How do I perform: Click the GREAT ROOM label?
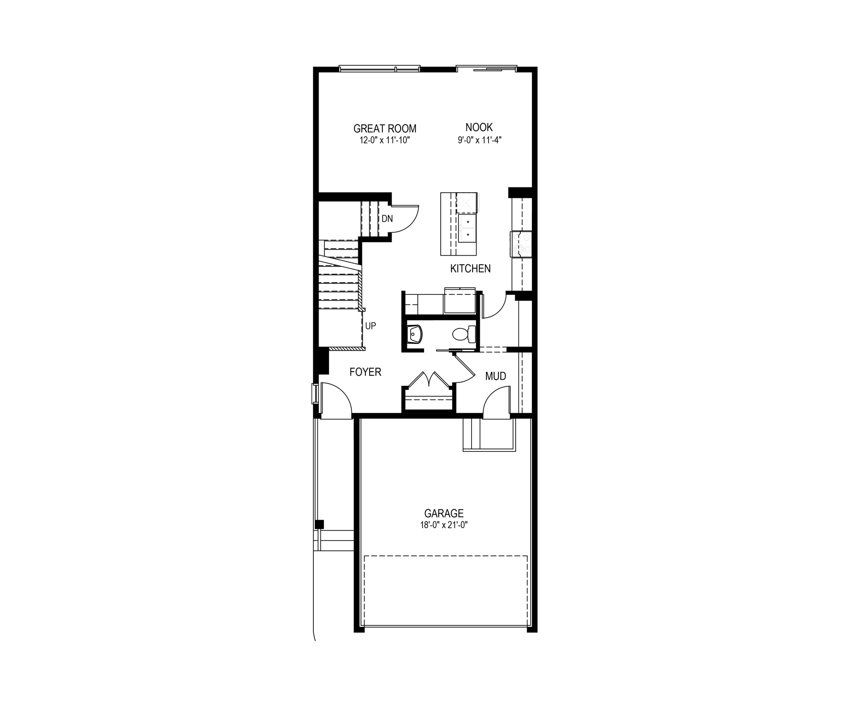(x=384, y=128)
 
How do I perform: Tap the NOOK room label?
(x=479, y=127)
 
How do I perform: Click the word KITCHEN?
(x=470, y=269)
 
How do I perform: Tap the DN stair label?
(x=387, y=219)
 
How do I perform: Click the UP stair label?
(x=371, y=326)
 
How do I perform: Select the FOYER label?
(x=365, y=372)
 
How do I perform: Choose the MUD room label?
(x=496, y=376)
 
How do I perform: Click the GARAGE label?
(x=444, y=513)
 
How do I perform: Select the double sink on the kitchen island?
(x=467, y=228)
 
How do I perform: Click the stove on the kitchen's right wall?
(x=521, y=244)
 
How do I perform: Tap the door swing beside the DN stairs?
(x=406, y=219)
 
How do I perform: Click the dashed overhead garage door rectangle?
(x=445, y=591)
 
